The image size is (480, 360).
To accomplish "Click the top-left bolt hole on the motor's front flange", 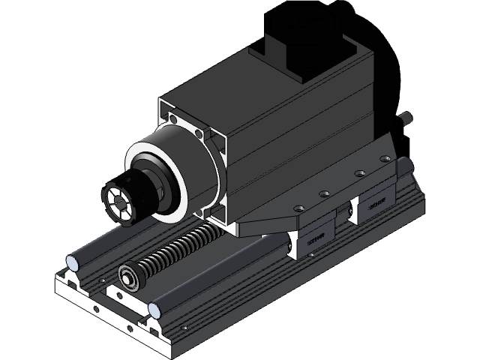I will (173, 118).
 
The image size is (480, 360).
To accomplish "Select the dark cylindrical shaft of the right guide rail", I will (225, 277).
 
